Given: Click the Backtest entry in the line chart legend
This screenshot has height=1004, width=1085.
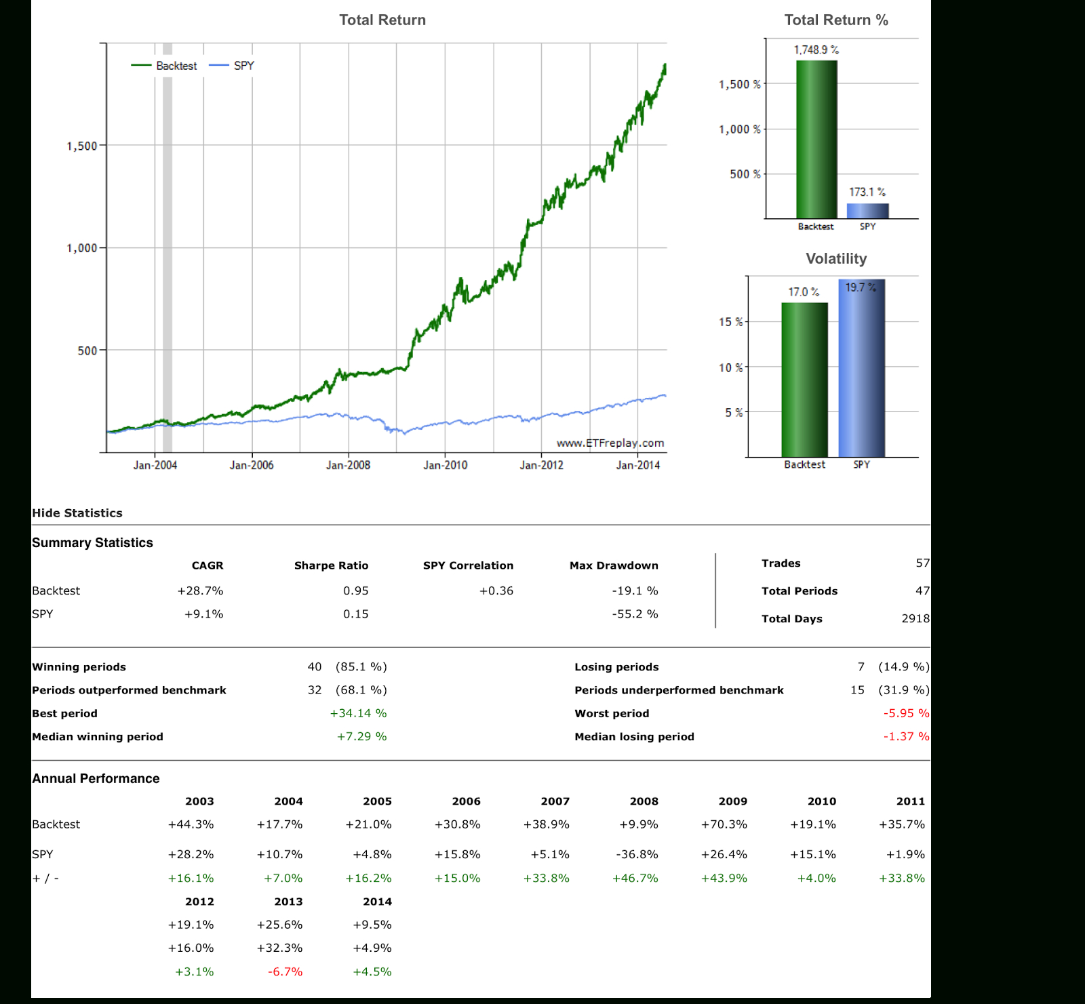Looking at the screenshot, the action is click(164, 66).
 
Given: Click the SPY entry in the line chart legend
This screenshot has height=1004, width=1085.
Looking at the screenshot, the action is click(232, 66).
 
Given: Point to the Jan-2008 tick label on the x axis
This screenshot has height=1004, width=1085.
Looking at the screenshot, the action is click(348, 465).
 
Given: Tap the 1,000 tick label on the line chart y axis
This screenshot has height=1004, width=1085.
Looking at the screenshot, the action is click(82, 248).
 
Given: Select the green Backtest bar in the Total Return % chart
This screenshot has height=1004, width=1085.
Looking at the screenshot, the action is click(816, 140).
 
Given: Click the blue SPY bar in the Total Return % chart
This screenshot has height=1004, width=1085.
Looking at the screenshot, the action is click(867, 211).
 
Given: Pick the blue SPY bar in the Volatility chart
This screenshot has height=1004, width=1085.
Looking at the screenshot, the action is click(861, 368).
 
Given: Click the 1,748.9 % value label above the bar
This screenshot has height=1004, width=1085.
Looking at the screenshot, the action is click(816, 50).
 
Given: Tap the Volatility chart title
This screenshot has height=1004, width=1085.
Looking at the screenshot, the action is click(836, 258).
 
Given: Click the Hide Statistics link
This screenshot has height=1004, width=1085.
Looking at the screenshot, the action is click(77, 513).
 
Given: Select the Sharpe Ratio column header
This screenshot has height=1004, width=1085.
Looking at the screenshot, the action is click(331, 565).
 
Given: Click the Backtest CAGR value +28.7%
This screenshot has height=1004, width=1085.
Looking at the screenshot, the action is click(200, 590).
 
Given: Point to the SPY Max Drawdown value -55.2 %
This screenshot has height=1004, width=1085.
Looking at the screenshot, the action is click(635, 614).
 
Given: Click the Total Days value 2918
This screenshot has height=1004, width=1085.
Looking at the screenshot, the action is click(915, 618).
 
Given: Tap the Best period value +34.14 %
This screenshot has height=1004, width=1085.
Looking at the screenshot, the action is click(358, 713).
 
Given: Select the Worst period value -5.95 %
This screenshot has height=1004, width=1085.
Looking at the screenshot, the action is click(906, 713).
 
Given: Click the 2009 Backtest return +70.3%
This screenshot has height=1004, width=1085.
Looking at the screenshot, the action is click(724, 824).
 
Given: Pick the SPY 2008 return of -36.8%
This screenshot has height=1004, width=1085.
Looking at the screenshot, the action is click(637, 854).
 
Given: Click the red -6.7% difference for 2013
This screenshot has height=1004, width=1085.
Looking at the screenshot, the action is click(285, 971).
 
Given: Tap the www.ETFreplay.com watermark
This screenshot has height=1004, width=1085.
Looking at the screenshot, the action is click(610, 443).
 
